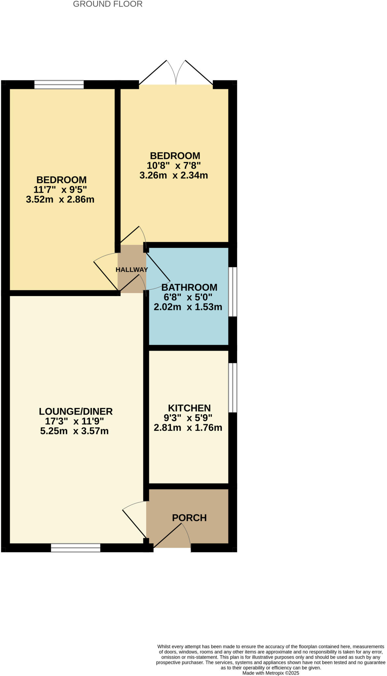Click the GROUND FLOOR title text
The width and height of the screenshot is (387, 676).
[108, 4]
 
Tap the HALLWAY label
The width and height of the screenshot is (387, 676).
[132, 270]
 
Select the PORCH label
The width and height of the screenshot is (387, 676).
[189, 518]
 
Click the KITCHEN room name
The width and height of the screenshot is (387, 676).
[189, 408]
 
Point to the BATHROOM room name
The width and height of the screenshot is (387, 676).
[189, 287]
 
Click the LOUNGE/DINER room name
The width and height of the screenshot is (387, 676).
[76, 411]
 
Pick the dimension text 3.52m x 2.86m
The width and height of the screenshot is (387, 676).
[60, 199]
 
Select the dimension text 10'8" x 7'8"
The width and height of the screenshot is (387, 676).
[174, 165]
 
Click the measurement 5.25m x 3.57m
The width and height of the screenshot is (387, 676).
[74, 431]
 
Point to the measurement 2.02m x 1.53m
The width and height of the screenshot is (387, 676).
[188, 307]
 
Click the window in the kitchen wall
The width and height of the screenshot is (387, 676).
[233, 388]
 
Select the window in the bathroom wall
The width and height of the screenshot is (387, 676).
[233, 292]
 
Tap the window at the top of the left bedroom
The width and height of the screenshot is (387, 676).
[59, 85]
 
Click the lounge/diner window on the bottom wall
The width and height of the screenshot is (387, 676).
[76, 548]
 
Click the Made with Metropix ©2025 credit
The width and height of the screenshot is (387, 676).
[271, 673]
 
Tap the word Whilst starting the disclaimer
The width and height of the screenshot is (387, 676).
[165, 647]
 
